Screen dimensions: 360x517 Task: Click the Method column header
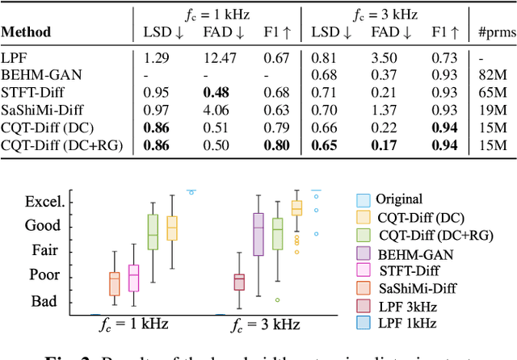tap(26, 33)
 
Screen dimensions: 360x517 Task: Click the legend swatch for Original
tap(364, 199)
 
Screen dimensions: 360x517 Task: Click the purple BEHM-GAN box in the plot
tap(258, 234)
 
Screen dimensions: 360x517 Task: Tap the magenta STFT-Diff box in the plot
tap(134, 278)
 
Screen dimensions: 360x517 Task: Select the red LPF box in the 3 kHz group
tap(239, 282)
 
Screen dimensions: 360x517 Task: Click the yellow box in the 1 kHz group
tap(171, 228)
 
